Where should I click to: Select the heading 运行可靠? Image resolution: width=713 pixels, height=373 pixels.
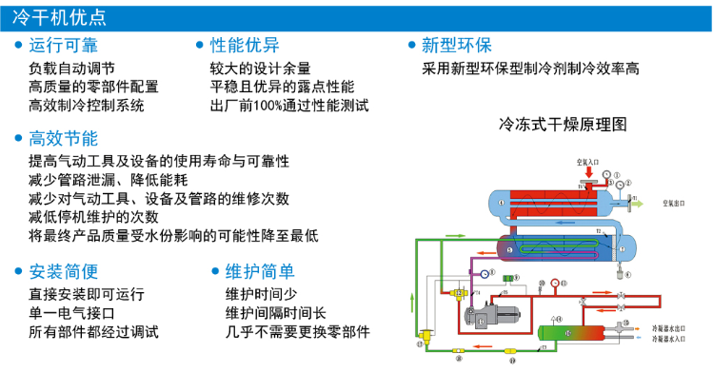pos(64,46)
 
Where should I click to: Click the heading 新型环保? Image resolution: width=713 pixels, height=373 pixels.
pos(456,46)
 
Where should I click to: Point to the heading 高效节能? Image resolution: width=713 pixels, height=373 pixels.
pos(64,138)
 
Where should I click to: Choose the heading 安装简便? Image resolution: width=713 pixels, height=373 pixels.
pos(64,270)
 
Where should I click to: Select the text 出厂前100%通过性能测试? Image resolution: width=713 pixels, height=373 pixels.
pos(288,106)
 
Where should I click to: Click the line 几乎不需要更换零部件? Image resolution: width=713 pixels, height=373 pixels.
pos(297,332)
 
